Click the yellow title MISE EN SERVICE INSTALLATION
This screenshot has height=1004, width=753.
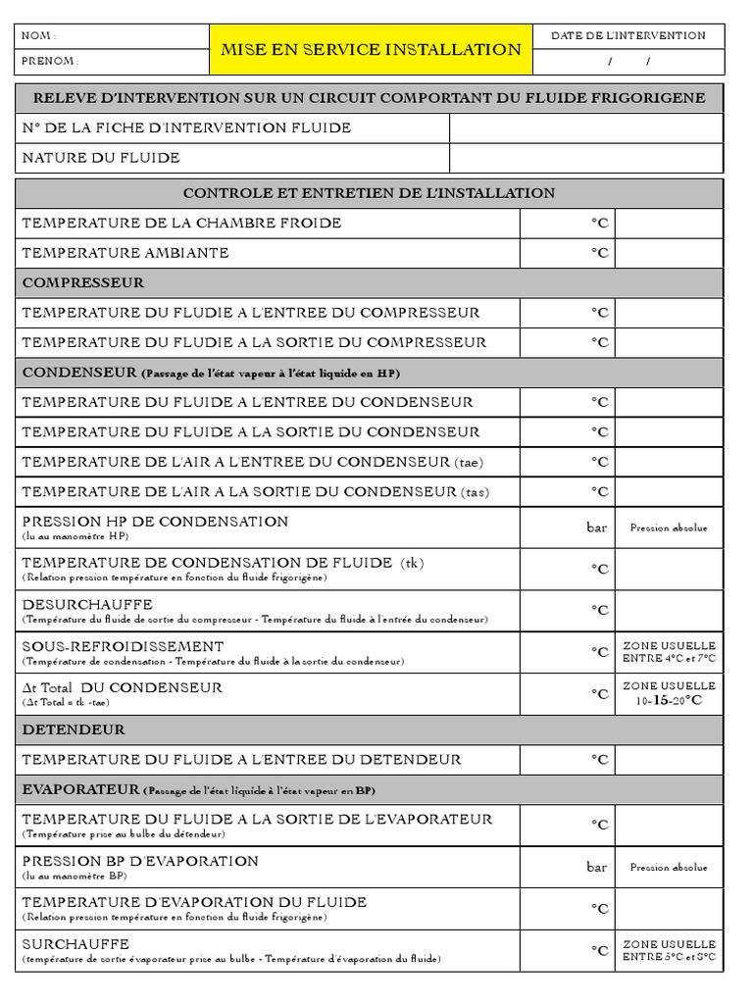371,49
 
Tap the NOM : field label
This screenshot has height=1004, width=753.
39,36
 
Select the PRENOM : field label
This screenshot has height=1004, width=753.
50,61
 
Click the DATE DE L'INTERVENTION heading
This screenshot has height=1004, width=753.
627,35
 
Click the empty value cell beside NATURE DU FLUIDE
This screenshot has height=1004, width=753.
585,158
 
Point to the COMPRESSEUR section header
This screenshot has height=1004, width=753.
83,283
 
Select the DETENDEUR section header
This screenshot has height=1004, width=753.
74,730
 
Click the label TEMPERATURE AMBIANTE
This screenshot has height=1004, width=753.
125,253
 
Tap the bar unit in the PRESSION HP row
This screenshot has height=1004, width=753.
596,527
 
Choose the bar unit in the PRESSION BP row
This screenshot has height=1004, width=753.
596,867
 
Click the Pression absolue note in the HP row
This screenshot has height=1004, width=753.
669,528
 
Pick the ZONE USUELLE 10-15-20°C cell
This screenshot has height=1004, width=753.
669,693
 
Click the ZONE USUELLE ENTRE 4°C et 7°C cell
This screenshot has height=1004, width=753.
669,652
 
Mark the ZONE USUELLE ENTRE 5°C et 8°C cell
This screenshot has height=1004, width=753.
669,950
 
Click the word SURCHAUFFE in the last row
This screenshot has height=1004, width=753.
75,943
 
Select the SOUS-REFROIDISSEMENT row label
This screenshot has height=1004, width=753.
123,646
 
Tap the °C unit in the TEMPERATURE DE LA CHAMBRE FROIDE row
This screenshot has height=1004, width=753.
599,224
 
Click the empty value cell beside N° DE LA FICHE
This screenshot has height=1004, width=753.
585,128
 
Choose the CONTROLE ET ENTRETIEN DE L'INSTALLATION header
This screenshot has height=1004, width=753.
369,193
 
